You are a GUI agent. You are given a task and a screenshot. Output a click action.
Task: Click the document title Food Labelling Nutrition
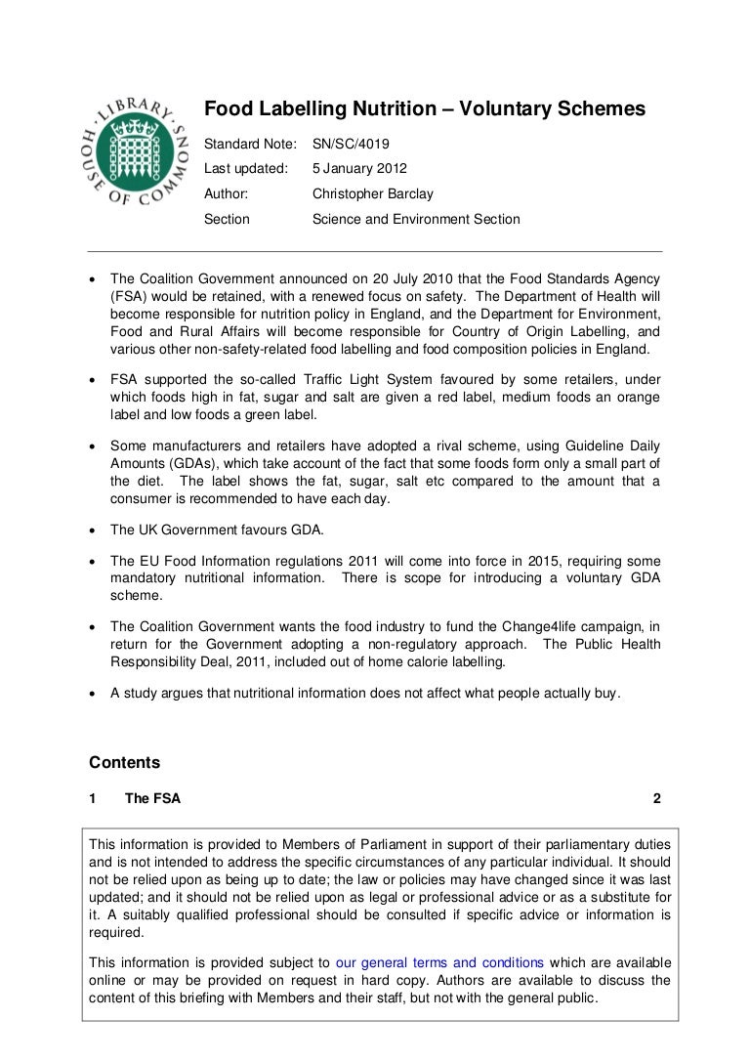coord(425,110)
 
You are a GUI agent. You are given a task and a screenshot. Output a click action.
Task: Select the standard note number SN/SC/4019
coord(351,143)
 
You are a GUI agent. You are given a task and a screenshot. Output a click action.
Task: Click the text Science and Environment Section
coord(415,220)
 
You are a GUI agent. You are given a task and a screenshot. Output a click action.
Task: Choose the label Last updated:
coord(245,168)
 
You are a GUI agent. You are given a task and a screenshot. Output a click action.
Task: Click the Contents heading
coord(124,761)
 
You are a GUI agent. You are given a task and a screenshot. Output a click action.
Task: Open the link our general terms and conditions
coord(439,961)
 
